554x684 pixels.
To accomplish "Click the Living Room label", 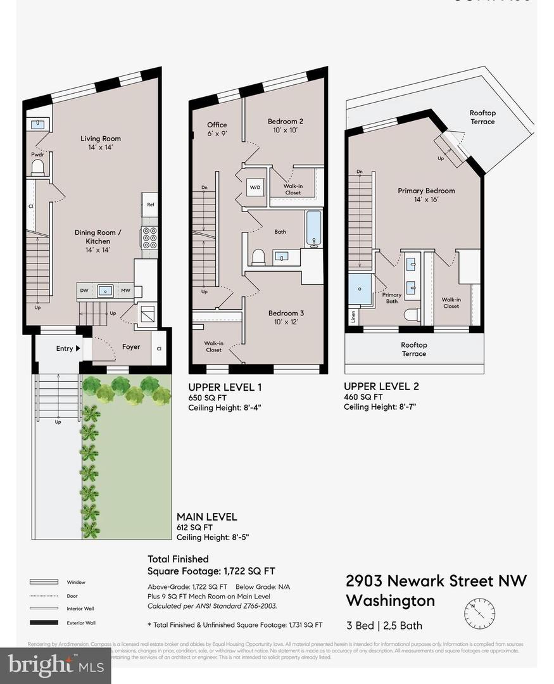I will (x=100, y=139).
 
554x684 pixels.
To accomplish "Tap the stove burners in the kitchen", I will (x=149, y=237).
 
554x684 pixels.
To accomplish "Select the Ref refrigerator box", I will (x=150, y=205).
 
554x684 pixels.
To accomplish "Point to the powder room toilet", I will (x=37, y=167).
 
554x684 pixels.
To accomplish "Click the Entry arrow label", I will (x=68, y=348).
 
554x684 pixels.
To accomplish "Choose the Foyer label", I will (x=131, y=347).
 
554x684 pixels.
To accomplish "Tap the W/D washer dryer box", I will (x=256, y=187).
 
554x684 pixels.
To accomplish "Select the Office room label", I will (x=217, y=125).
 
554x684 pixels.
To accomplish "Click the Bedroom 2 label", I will (x=285, y=122).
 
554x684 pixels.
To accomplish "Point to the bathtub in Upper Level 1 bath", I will (x=313, y=229).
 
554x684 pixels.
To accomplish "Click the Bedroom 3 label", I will (x=286, y=313).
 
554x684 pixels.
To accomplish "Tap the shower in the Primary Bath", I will (x=360, y=289).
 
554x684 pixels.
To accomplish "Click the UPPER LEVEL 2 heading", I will (x=381, y=386).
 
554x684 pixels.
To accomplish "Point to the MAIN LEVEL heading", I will (x=206, y=516).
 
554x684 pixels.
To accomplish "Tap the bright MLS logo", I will (x=55, y=664).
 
